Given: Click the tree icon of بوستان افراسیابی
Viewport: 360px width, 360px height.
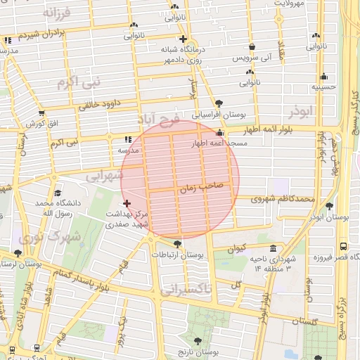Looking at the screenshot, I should (219, 103).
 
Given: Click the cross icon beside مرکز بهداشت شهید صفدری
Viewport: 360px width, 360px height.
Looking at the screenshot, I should (127, 203).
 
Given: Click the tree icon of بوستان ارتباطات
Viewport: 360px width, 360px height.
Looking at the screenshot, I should (176, 244).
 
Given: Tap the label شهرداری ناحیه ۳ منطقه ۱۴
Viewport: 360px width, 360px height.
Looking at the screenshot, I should (264, 264).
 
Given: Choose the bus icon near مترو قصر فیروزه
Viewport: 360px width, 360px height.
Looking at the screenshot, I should (342, 247).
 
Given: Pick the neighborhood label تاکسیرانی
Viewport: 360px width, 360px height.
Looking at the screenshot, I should (185, 289).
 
